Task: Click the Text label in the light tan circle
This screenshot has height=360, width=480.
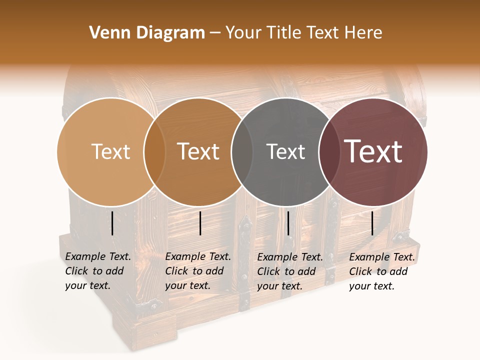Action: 110,151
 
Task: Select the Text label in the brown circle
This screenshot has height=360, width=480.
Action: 198,151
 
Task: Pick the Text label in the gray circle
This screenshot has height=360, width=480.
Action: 285,151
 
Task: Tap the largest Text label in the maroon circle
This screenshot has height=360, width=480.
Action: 373,151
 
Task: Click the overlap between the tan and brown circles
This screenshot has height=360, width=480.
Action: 154,151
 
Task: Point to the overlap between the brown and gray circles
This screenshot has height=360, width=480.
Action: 242,151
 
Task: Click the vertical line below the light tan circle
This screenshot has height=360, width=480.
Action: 112,223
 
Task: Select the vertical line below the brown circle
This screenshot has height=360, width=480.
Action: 200,223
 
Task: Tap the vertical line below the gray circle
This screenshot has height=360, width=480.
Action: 288,223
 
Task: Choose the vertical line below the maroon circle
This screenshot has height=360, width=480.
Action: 372,223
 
